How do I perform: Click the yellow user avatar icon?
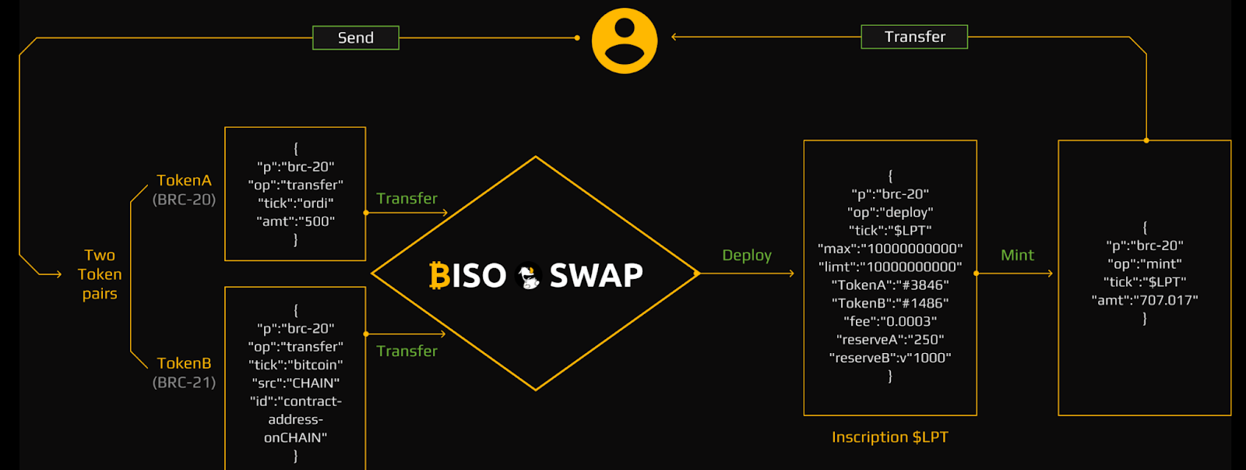625,41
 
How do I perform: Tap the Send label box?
356,37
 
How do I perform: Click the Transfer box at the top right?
914,37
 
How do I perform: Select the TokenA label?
184,180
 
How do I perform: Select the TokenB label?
184,363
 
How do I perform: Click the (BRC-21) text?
184,382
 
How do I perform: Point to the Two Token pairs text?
100,274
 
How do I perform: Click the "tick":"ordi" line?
295,203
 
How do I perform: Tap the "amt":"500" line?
295,221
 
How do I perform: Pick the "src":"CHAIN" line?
295,383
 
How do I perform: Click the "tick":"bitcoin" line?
295,365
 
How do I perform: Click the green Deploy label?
746,255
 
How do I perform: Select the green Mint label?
1017,255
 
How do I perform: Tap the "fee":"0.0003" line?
890,321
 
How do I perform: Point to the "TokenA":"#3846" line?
890,285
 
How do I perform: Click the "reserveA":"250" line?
890,339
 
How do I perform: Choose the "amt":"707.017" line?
1144,300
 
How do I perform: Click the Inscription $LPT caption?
890,437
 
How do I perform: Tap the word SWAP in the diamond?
596,275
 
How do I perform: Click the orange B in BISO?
439,275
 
